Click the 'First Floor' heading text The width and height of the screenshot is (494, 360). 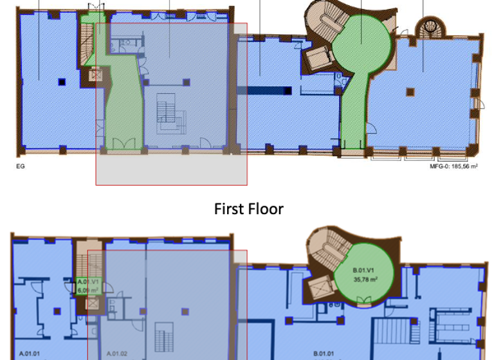(x=248, y=209)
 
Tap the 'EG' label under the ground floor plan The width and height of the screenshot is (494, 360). (x=19, y=165)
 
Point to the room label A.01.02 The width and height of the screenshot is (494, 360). (x=116, y=353)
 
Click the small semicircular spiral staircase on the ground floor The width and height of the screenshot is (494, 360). (x=428, y=28)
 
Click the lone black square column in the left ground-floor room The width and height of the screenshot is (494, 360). (x=62, y=81)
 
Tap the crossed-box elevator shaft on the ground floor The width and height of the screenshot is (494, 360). (x=96, y=75)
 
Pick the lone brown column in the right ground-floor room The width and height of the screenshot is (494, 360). (x=408, y=92)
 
